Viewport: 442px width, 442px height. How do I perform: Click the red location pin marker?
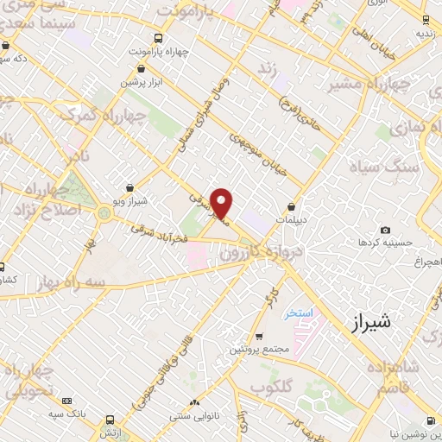[x=222, y=203]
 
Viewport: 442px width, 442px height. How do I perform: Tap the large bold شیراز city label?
[x=371, y=322]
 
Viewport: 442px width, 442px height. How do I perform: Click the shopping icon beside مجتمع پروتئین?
[x=259, y=337]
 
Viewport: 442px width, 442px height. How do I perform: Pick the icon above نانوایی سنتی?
[x=194, y=402]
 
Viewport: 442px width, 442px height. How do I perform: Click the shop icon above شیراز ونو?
[x=129, y=187]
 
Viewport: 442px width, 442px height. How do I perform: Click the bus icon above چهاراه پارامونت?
[x=158, y=38]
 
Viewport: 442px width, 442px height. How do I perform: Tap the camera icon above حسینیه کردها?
[x=385, y=230]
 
